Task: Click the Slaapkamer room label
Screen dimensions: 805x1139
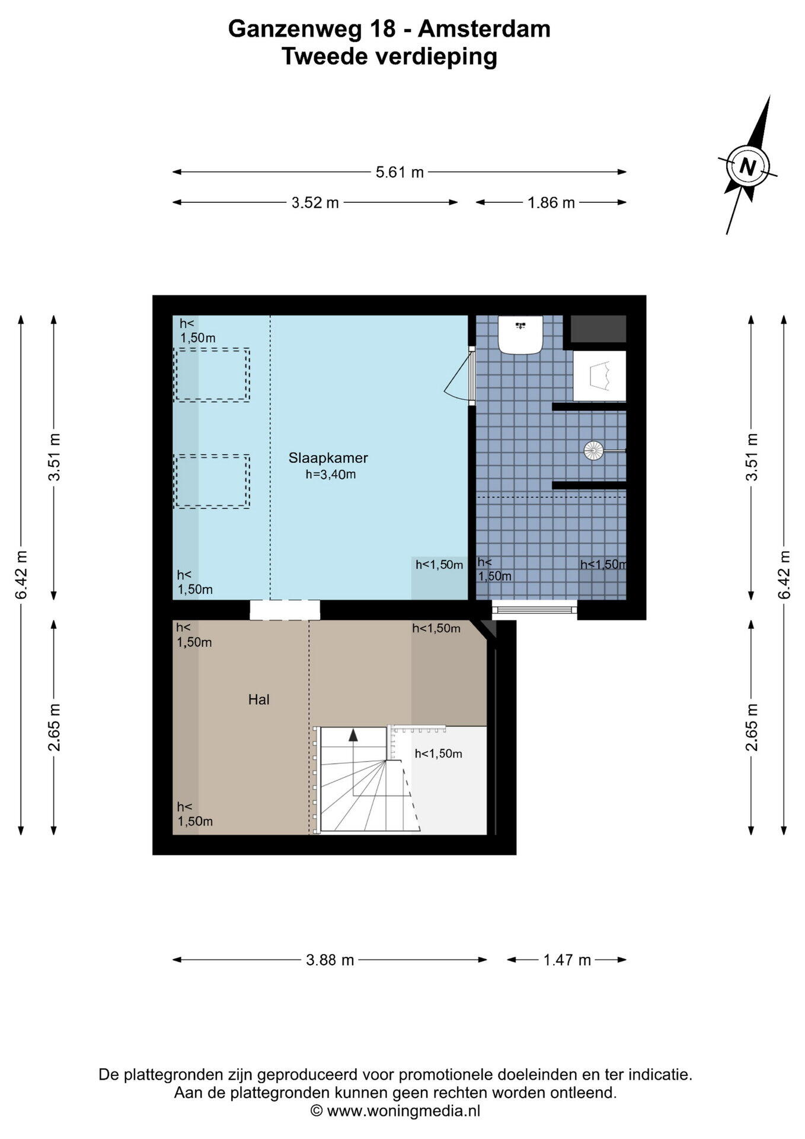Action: tap(328, 458)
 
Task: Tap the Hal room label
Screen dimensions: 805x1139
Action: tap(259, 700)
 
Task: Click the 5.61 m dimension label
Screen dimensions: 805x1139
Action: tap(400, 172)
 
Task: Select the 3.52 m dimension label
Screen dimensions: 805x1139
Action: tap(315, 202)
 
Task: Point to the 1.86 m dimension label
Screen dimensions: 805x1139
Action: tap(551, 202)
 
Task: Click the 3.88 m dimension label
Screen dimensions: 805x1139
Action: tap(330, 959)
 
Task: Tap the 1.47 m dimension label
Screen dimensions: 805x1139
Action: tap(567, 959)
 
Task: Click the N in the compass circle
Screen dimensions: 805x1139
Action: tap(747, 166)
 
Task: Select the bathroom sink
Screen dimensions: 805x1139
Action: tap(520, 334)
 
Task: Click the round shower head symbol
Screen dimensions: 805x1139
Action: tap(593, 451)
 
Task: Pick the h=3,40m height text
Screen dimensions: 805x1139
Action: tap(331, 475)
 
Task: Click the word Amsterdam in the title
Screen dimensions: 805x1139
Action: tap(484, 28)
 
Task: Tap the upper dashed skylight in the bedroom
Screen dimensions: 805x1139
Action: tap(212, 375)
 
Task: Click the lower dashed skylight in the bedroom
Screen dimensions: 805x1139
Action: tap(212, 482)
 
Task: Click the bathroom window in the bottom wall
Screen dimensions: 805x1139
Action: tap(535, 609)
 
